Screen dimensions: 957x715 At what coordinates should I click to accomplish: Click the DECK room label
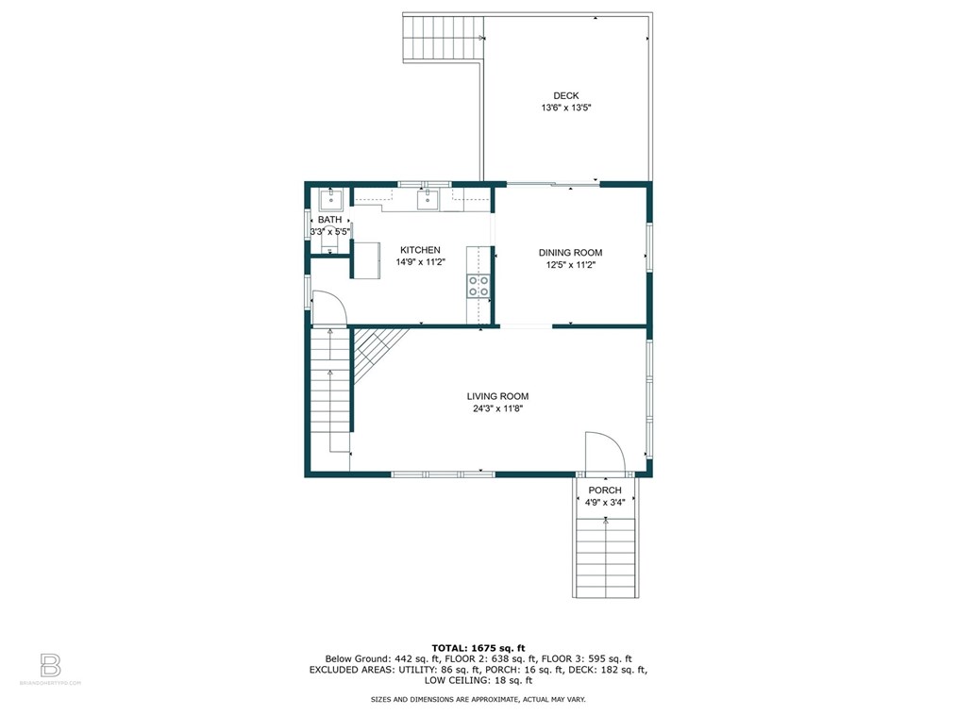point(565,96)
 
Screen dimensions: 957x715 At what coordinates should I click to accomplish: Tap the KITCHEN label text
point(420,250)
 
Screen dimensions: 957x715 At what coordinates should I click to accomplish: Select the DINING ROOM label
point(570,253)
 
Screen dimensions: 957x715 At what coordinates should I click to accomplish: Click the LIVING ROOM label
point(497,396)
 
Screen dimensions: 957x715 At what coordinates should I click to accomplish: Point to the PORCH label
point(605,491)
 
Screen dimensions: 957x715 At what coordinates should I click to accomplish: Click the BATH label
point(329,220)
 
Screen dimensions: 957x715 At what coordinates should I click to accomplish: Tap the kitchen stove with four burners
point(478,286)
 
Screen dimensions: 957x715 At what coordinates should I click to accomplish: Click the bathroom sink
point(331,198)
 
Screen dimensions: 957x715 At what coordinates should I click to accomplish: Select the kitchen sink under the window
point(428,199)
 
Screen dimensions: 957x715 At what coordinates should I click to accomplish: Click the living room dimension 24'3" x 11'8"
point(497,408)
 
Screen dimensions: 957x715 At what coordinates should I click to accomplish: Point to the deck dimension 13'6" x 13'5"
point(565,108)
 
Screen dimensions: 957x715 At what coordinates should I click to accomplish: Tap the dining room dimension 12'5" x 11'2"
point(570,265)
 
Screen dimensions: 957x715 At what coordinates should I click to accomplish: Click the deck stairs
point(443,39)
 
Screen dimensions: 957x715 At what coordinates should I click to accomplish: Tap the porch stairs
point(606,557)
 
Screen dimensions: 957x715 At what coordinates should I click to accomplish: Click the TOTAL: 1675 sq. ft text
point(478,648)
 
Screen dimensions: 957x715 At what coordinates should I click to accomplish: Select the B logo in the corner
point(50,665)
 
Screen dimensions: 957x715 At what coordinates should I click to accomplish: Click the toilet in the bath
point(329,241)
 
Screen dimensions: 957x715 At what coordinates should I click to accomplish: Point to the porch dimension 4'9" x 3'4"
point(605,503)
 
